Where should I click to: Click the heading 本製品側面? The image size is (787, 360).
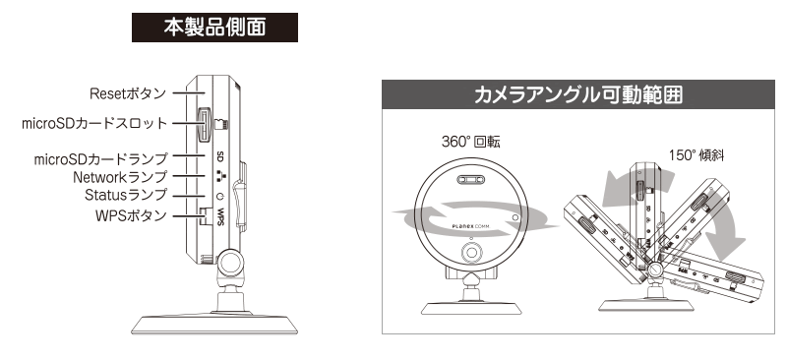pos(214,28)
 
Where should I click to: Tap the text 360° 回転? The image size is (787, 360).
pos(470,142)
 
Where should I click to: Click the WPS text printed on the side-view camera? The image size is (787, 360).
pos(221,217)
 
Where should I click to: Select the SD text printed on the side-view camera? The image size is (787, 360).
pos(219,157)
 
